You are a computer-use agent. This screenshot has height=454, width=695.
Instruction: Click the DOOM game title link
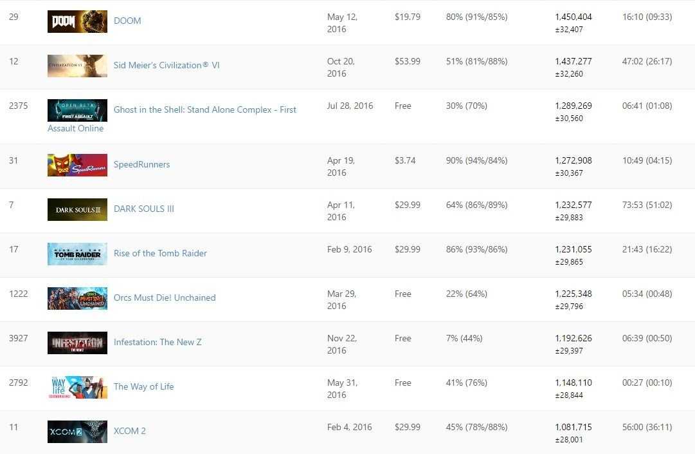(127, 21)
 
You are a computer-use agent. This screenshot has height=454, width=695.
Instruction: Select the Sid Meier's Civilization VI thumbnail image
(77, 66)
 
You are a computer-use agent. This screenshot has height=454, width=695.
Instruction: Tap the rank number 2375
(19, 106)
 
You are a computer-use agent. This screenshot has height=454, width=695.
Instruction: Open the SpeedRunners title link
(141, 164)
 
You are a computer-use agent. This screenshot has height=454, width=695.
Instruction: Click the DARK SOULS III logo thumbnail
(77, 209)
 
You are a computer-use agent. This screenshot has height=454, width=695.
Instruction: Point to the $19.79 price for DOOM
(408, 17)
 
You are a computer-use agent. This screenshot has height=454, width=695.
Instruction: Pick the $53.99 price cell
(408, 61)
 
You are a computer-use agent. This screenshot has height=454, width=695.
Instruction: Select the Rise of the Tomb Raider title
(160, 253)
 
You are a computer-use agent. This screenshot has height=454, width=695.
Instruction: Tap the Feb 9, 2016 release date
(349, 249)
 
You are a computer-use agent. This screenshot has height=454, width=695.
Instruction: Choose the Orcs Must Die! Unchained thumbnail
(77, 298)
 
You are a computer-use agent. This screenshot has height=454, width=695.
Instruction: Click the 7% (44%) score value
(464, 338)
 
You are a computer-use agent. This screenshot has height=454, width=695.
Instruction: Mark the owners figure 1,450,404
(573, 17)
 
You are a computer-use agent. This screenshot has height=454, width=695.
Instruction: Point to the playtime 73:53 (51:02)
(647, 205)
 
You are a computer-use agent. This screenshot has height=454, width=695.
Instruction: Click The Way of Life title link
(143, 386)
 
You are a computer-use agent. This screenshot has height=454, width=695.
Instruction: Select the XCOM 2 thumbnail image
(77, 431)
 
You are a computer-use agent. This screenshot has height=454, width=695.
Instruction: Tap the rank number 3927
(19, 338)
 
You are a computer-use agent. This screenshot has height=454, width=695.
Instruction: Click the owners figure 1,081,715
(573, 427)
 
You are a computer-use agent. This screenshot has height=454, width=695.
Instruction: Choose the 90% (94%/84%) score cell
(476, 160)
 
